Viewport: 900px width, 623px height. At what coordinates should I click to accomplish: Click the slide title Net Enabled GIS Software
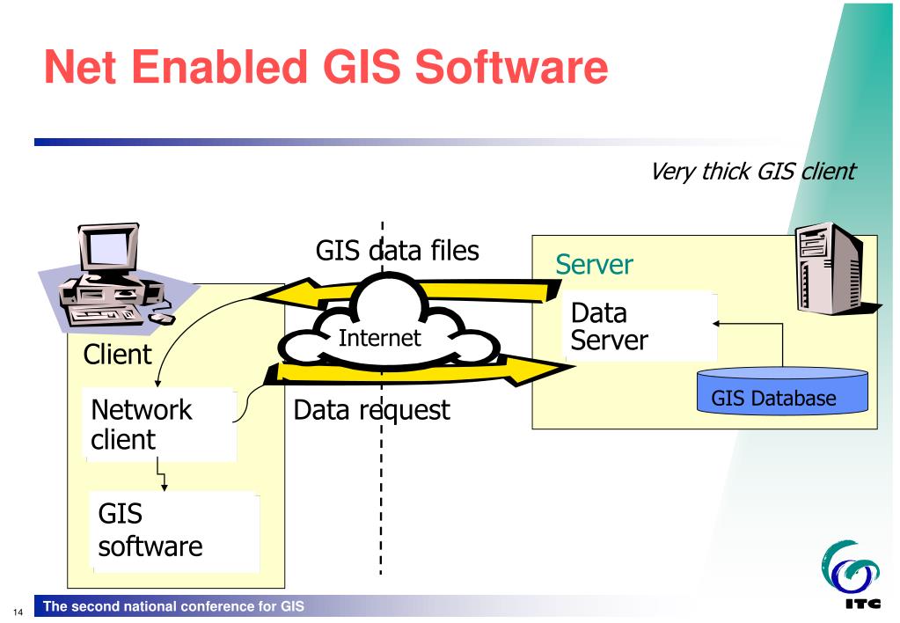coord(326,68)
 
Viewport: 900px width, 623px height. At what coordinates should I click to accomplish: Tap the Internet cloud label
coord(381,338)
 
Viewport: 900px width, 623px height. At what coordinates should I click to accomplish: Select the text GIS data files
coord(398,252)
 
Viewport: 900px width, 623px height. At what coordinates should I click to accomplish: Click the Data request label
coord(370,409)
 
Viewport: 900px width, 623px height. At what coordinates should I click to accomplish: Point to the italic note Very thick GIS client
coord(752,172)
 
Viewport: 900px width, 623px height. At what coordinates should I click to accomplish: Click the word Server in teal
coord(593,265)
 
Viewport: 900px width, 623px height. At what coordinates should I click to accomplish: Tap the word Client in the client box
coord(117,355)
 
